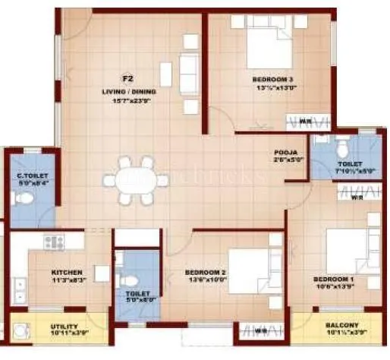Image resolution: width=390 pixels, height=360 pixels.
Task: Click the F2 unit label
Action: click(x=128, y=78)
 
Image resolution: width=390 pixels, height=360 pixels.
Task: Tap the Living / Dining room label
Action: click(x=128, y=91)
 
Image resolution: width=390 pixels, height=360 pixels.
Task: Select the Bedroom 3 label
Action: click(x=274, y=78)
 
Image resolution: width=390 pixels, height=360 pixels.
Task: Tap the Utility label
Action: click(x=52, y=325)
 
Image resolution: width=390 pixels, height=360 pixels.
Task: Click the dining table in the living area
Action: click(x=137, y=181)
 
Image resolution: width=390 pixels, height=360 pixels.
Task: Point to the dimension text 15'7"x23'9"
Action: click(x=128, y=100)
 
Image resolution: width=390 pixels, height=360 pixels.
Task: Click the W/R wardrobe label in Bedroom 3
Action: click(x=303, y=121)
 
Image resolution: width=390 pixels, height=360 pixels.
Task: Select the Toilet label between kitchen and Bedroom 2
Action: click(x=137, y=293)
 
